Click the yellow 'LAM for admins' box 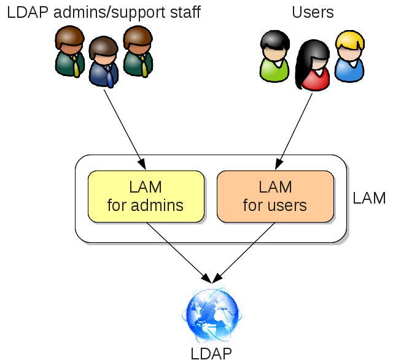[146, 196]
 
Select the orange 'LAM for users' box [275, 196]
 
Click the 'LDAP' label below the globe [211, 353]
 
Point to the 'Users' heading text [313, 12]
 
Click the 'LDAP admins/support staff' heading [104, 12]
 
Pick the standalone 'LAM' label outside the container [369, 198]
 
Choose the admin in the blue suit [103, 62]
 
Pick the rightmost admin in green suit [138, 52]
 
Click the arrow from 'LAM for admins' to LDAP [178, 252]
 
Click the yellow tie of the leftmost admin [76, 65]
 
